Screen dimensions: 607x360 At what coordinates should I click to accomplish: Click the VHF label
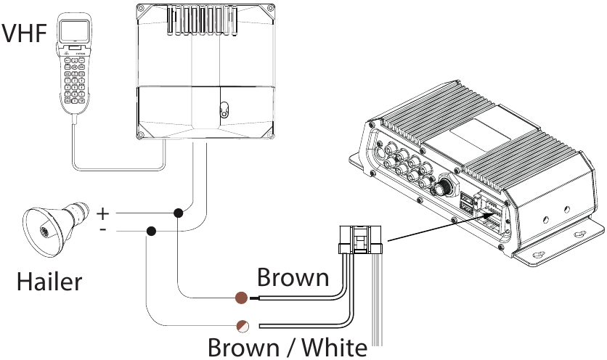(x=24, y=33)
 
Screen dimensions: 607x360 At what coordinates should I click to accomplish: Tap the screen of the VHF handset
(x=74, y=31)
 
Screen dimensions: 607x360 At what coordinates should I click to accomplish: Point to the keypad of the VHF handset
(x=75, y=81)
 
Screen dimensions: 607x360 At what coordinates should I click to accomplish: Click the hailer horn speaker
(x=56, y=228)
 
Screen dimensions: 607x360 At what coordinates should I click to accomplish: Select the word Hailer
(x=49, y=282)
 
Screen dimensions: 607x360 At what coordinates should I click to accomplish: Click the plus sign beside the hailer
(x=102, y=213)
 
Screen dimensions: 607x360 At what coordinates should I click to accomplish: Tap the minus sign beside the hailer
(x=103, y=229)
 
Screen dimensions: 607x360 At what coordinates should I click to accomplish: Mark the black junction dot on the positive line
(x=178, y=213)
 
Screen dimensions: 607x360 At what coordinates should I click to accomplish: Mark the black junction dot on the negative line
(x=151, y=231)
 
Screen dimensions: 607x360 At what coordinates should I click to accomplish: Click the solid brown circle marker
(x=242, y=298)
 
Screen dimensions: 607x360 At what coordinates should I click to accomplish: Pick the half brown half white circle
(x=243, y=327)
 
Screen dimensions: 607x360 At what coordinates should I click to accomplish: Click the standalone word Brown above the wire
(x=293, y=277)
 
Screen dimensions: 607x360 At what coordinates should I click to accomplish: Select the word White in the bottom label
(x=335, y=347)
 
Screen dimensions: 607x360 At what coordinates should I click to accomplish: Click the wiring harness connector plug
(x=360, y=240)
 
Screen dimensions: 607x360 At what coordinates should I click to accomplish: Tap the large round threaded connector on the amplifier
(x=442, y=187)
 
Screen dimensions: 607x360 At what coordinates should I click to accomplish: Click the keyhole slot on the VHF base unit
(x=224, y=110)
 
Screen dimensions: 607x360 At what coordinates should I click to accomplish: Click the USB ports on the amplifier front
(x=466, y=203)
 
